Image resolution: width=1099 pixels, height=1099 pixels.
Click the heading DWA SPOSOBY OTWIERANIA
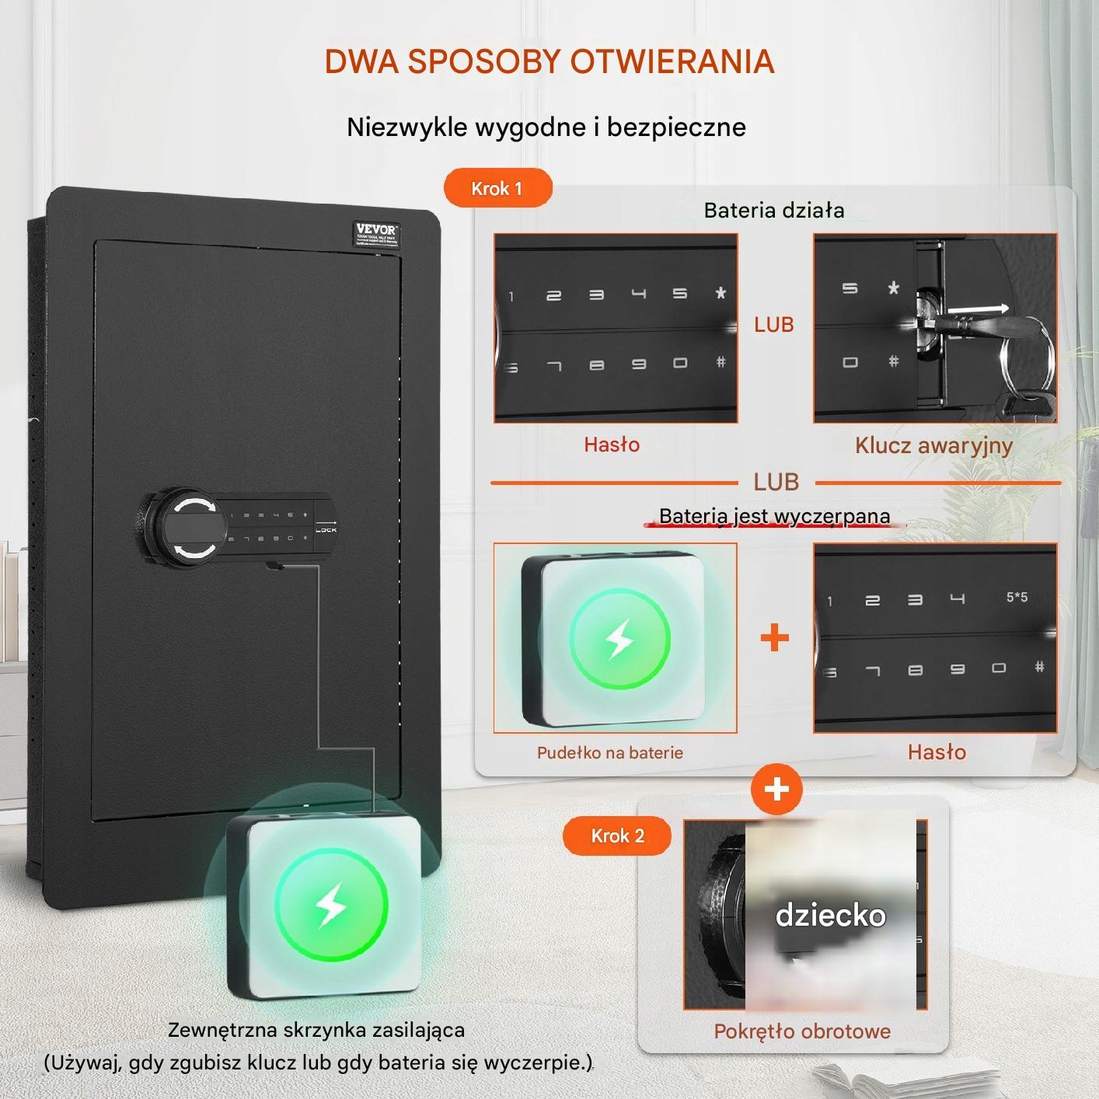549,61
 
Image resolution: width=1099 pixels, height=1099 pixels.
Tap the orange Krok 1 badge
497,188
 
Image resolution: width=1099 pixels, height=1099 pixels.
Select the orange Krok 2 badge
617,836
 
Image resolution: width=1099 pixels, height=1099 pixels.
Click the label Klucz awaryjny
933,445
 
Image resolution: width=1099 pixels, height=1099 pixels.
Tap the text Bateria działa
773,210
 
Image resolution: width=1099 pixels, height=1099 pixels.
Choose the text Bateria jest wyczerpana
774,516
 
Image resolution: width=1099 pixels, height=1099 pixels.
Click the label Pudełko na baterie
610,752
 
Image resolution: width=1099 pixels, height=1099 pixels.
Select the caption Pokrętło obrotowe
802,1031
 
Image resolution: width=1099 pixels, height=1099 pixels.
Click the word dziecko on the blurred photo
831,916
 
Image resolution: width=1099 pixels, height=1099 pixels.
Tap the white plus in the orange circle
776,790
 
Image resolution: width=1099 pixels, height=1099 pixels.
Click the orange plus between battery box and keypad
774,638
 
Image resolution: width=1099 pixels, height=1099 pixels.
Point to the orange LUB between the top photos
774,324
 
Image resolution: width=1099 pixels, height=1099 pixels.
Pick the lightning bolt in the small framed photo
619,639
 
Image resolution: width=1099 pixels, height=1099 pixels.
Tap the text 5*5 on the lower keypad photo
1017,597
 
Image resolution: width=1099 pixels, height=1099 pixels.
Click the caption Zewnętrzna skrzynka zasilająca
316,1030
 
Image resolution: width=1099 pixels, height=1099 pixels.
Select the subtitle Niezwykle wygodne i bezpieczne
546,127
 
